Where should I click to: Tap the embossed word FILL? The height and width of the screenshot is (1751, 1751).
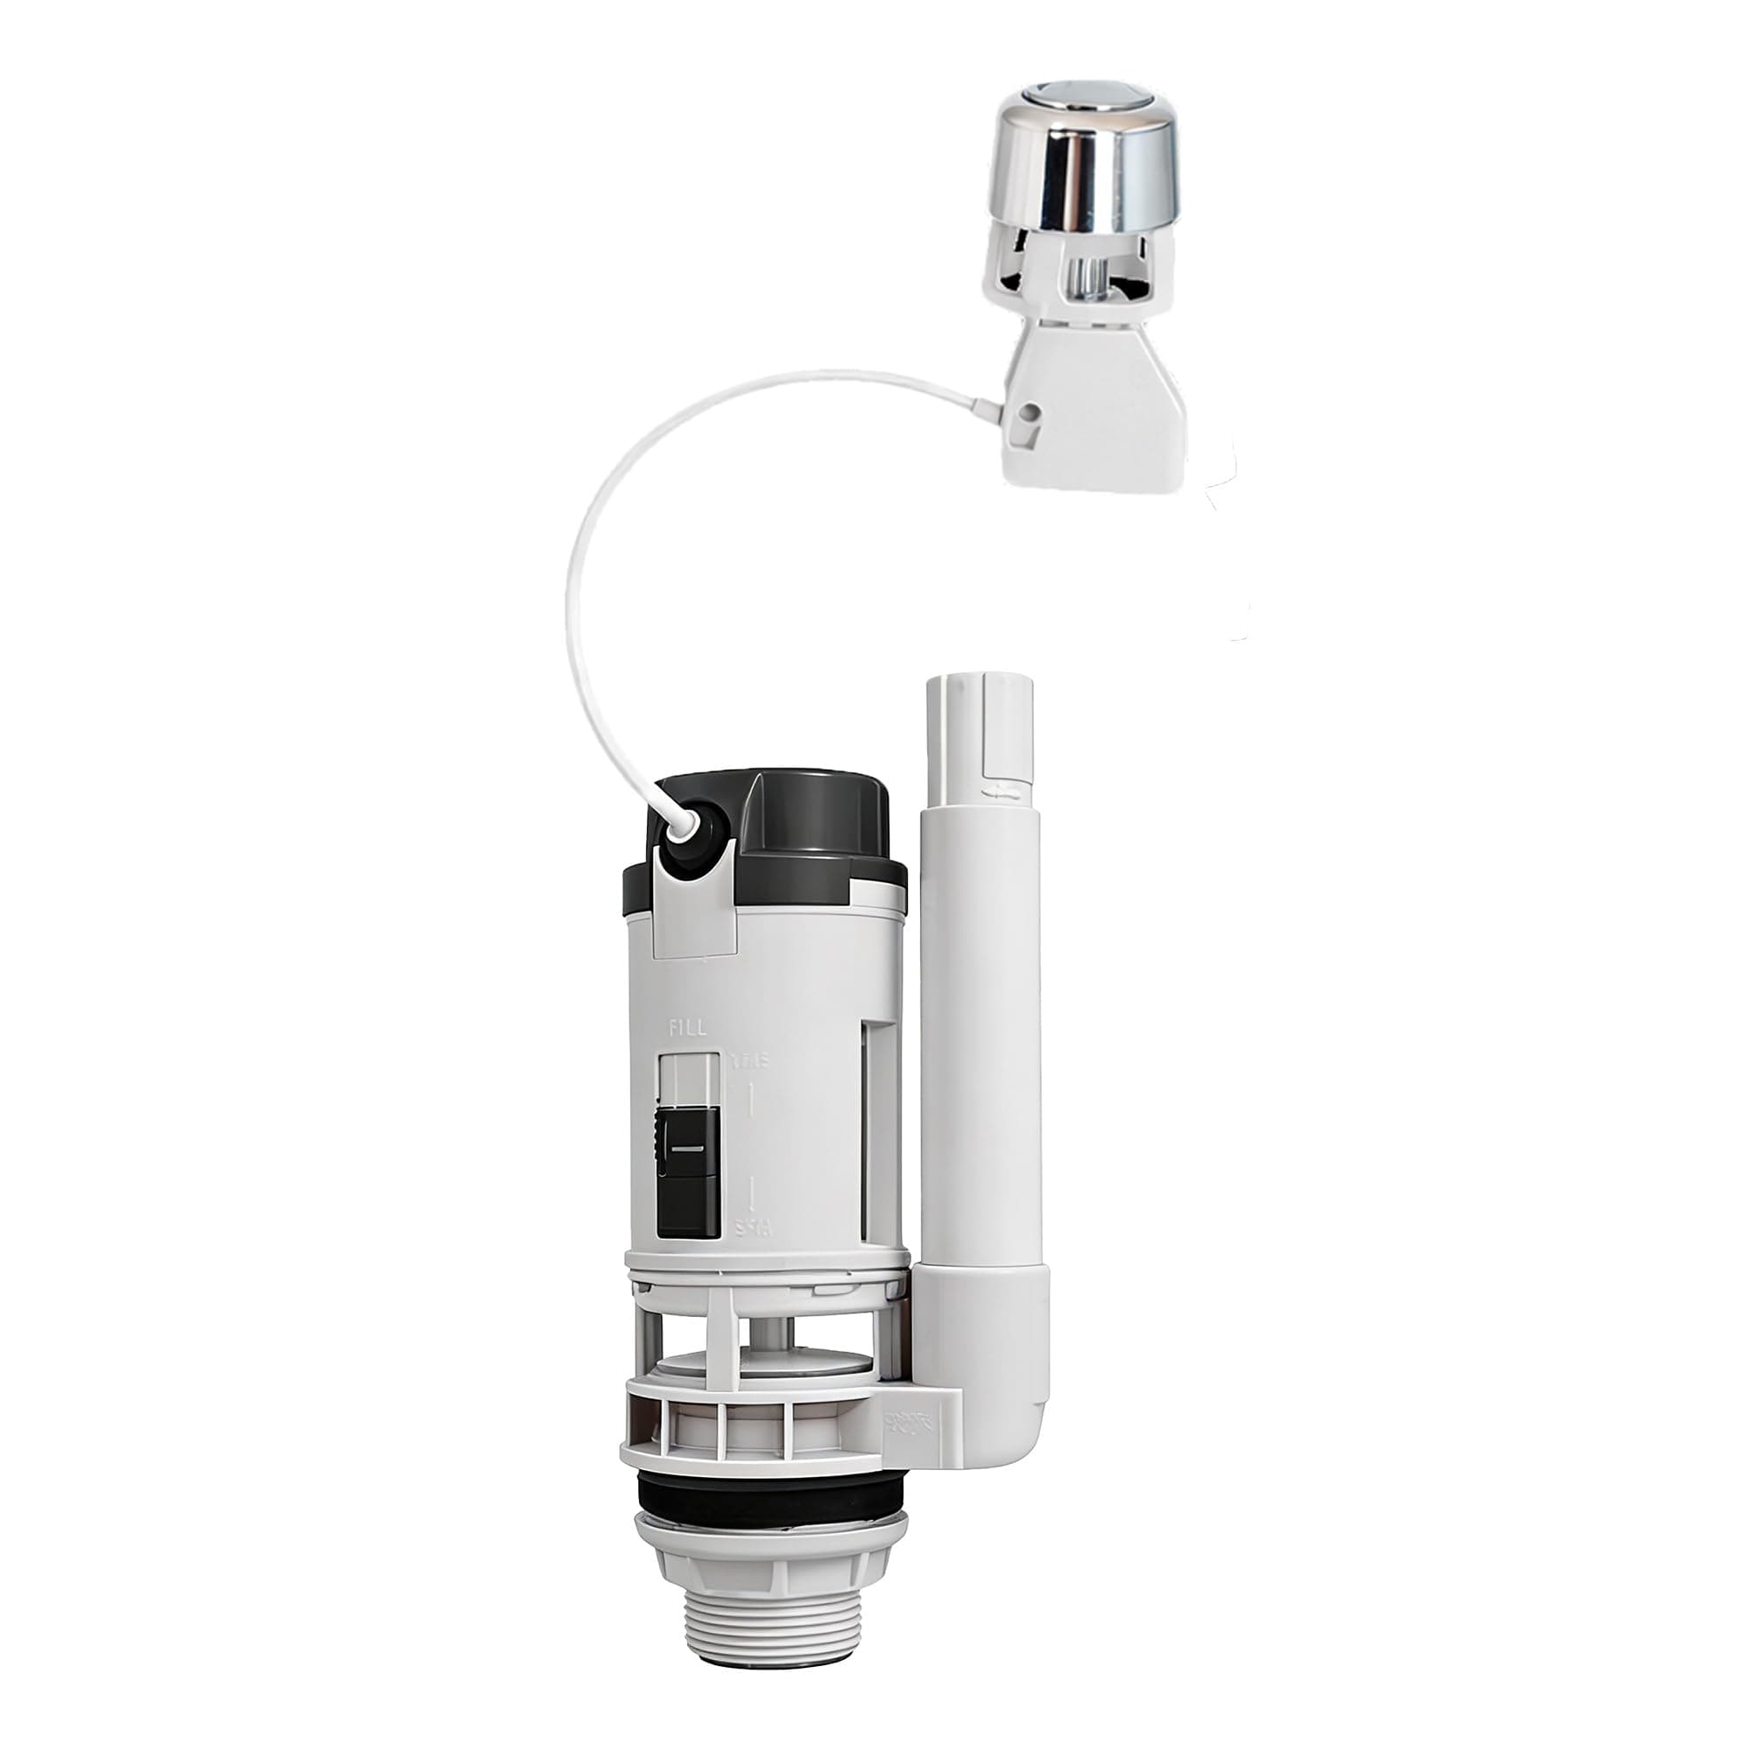coord(686,1028)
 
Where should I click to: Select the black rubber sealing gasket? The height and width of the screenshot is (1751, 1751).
coord(767,1488)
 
